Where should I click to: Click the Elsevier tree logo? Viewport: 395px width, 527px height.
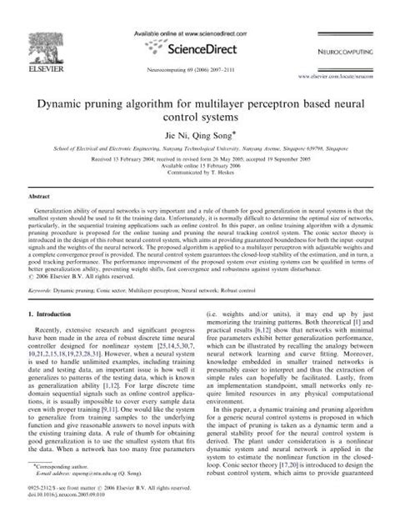tap(37, 41)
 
